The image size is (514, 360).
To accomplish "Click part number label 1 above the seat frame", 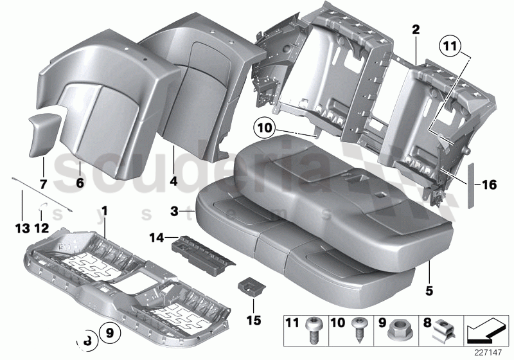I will coord(104,210).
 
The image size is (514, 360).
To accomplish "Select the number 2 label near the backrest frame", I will coord(416,29).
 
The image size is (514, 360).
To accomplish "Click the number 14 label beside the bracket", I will coord(157,239).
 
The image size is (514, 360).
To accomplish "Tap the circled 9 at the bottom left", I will coord(109,332).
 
